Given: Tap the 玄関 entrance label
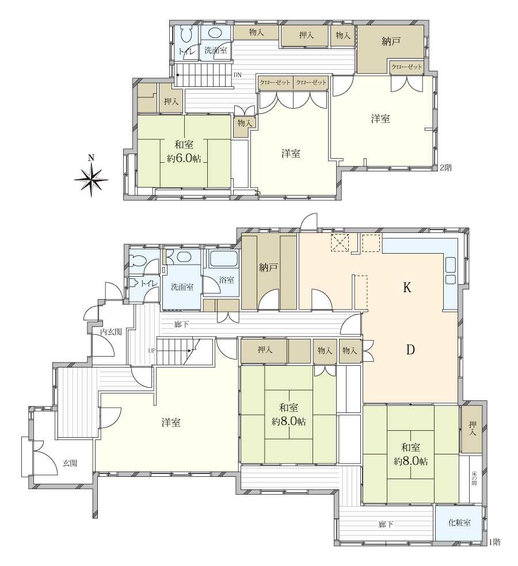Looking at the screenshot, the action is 70,463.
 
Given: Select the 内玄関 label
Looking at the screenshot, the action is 111,332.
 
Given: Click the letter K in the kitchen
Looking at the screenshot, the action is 407,288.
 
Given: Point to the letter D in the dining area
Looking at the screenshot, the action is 410,349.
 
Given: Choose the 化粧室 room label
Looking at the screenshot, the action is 459,522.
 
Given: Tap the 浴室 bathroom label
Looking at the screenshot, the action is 227,280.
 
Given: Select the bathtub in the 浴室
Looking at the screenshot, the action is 223,259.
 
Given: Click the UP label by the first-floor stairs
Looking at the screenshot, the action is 151,350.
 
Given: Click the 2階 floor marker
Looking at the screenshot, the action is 445,167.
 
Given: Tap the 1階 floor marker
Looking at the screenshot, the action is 494,541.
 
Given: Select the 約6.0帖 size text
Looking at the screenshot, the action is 184,158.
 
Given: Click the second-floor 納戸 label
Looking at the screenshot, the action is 391,41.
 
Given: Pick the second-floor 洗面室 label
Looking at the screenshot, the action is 216,50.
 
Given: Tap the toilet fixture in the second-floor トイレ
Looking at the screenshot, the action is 186,36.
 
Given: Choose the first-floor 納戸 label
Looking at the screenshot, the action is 268,267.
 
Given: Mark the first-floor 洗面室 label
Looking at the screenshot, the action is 182,287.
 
